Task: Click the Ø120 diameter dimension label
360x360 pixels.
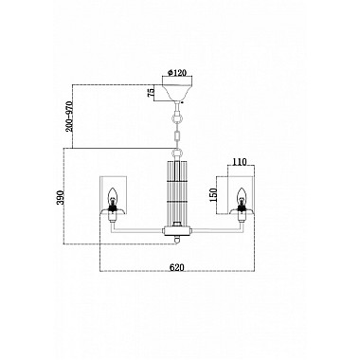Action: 176,72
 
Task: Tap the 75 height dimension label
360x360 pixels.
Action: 152,92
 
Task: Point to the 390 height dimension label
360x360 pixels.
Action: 61,197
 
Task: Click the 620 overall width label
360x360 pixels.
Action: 177,267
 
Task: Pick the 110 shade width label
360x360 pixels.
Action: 239,162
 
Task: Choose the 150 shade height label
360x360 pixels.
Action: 214,194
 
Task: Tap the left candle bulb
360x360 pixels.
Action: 113,197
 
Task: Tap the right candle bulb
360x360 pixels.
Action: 242,197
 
